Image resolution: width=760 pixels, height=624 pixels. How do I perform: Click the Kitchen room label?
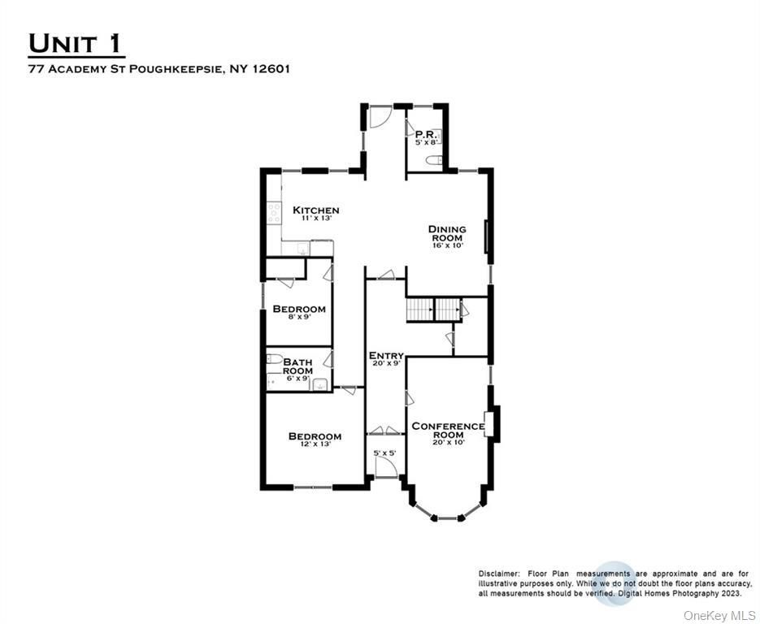coord(315,210)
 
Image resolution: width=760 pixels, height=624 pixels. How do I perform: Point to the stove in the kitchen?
coord(274,214)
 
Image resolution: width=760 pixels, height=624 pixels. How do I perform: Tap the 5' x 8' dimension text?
coord(426,143)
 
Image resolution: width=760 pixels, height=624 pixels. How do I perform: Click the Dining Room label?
coord(447,233)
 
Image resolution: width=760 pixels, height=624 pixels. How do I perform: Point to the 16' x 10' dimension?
coord(447,245)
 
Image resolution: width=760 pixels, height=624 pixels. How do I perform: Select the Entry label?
coord(385,356)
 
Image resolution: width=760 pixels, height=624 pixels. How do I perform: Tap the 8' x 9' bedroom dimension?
coord(299,317)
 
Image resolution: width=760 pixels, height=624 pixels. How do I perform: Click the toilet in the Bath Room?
coord(274,359)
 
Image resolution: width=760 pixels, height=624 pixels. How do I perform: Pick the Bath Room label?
coord(298,366)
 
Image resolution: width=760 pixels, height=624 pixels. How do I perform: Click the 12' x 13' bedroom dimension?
coord(315,444)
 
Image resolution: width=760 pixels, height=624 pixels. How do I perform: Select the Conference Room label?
coord(448,430)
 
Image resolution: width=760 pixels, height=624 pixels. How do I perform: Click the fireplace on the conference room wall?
coord(490,424)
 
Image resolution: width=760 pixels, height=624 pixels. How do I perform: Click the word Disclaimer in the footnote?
coord(497,574)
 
